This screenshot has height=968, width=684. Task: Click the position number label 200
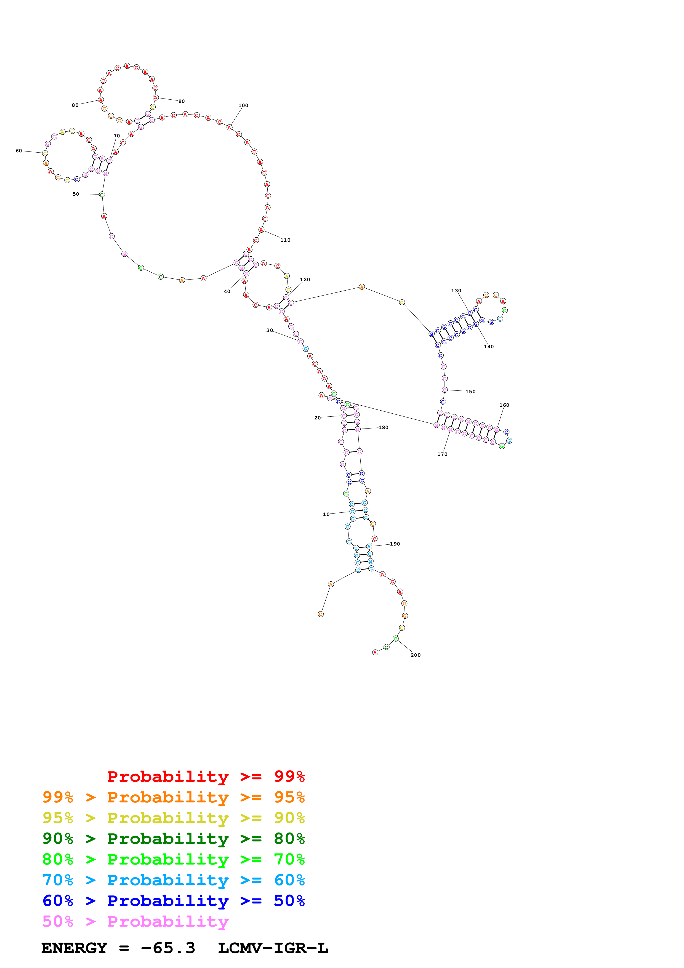tap(415, 655)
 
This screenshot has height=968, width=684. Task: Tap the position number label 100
tap(243, 105)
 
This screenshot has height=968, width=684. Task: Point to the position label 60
tap(19, 150)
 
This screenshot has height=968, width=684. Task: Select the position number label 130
tap(456, 291)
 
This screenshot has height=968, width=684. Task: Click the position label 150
tap(470, 391)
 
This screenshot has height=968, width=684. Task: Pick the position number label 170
tap(442, 454)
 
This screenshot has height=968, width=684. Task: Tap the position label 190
tap(395, 544)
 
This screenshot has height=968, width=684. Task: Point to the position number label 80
tap(75, 105)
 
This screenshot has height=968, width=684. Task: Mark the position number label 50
tap(76, 194)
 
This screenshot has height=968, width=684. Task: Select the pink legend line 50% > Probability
tap(135, 921)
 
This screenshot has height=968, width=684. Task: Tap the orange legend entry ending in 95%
tap(173, 797)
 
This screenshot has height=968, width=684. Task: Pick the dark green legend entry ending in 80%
tap(173, 839)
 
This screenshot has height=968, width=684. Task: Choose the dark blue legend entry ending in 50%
tap(173, 901)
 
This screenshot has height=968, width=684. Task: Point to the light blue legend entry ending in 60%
tap(173, 880)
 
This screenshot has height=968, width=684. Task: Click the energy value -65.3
tap(168, 948)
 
